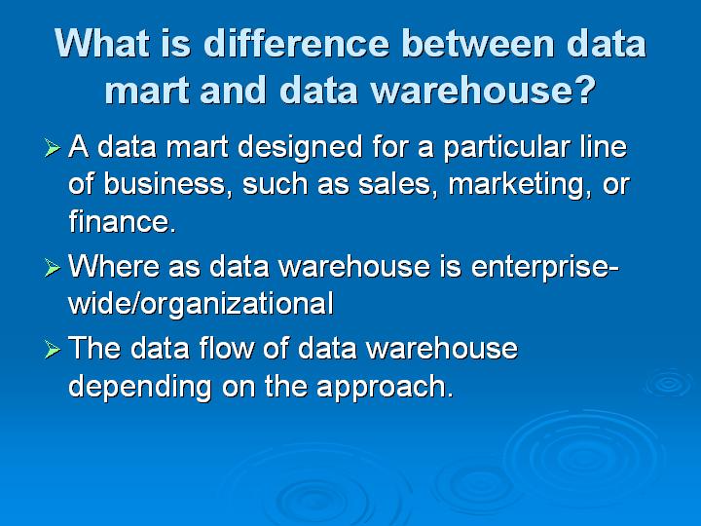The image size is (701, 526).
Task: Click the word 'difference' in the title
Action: (x=297, y=44)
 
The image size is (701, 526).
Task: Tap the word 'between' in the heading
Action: (x=478, y=44)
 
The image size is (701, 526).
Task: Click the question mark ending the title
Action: (x=584, y=90)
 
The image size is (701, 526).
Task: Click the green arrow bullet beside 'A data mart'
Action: (x=52, y=148)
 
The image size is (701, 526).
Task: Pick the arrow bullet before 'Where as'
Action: (x=52, y=268)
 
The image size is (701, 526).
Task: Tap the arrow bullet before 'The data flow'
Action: (x=52, y=350)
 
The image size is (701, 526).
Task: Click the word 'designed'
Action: (x=300, y=148)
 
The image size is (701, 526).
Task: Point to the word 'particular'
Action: (x=506, y=148)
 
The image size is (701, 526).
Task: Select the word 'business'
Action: (x=165, y=185)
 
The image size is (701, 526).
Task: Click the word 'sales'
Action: (x=394, y=185)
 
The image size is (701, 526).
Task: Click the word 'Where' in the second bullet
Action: (x=114, y=267)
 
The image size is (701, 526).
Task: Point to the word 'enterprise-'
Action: (x=545, y=268)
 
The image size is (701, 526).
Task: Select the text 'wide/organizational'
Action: (x=201, y=305)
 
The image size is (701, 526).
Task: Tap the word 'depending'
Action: (x=140, y=387)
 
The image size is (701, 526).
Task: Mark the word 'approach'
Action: (x=381, y=387)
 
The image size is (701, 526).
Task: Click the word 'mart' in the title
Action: (x=147, y=90)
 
